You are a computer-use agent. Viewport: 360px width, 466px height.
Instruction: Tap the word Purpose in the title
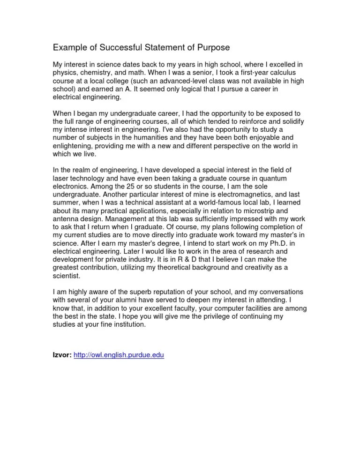pyautogui.click(x=213, y=47)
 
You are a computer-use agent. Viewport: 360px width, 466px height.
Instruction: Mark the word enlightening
pyautogui.click(x=74, y=146)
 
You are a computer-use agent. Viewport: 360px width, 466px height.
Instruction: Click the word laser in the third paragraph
pyautogui.click(x=61, y=179)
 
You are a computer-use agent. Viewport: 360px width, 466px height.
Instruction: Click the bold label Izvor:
pyautogui.click(x=62, y=356)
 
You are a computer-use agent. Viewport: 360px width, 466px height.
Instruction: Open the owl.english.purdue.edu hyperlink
pyautogui.click(x=119, y=356)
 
